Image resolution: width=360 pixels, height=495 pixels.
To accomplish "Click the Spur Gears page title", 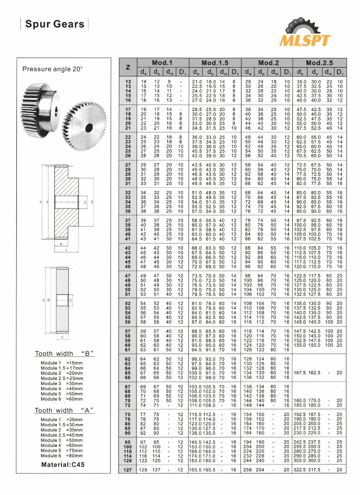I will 54,24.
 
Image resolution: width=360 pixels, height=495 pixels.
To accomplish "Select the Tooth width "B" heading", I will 63,353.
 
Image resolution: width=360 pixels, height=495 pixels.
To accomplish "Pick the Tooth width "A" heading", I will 63,410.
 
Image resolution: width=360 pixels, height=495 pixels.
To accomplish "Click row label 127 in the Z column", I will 128,469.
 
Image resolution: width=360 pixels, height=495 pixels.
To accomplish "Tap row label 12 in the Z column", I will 128,82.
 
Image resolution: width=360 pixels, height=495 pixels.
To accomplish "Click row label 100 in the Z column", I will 128,447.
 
